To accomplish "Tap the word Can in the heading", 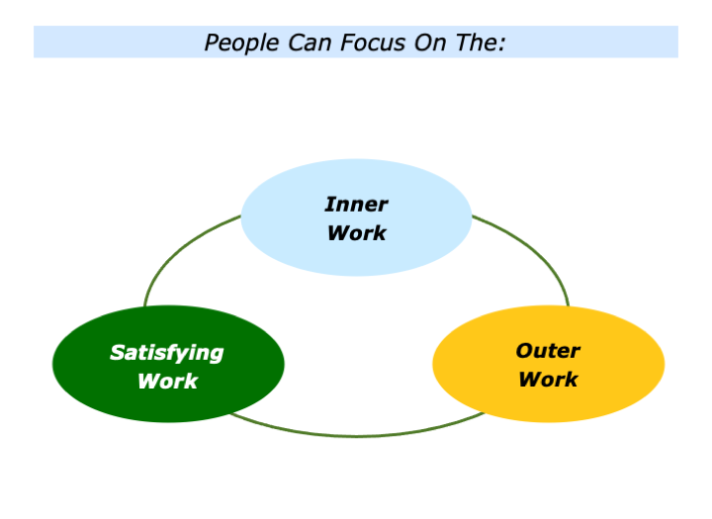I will tap(304, 43).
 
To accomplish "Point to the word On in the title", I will tap(424, 43).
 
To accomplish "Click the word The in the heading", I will tap(476, 43).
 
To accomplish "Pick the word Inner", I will tap(356, 205).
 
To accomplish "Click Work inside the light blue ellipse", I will tap(356, 234).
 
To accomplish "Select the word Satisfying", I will tap(167, 352).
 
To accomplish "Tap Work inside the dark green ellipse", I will tap(167, 382).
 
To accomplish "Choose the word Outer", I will tap(548, 350).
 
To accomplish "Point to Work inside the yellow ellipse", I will tap(548, 380).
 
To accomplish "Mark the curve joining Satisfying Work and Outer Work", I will tap(356, 435).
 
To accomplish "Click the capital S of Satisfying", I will tap(117, 352).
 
